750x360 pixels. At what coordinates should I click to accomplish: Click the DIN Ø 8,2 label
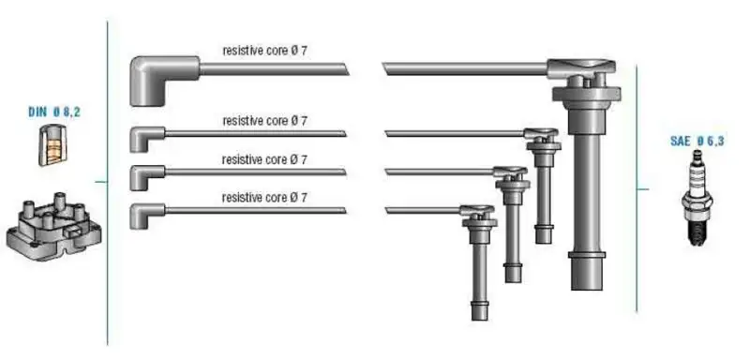54,112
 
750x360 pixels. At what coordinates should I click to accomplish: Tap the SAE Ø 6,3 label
697,141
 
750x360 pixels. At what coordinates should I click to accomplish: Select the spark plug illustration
697,198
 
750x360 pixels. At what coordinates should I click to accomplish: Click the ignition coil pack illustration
54,226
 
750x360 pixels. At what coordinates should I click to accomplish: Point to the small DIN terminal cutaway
52,145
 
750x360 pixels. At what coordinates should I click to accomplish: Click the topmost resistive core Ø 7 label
264,51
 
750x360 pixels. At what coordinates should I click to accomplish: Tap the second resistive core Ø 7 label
264,122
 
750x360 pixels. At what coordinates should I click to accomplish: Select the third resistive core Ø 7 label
264,159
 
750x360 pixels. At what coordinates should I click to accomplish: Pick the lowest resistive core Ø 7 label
264,197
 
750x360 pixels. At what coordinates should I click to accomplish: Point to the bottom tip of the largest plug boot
587,290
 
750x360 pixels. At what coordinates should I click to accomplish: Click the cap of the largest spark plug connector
581,69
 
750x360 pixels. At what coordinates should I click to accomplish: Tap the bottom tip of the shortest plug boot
544,243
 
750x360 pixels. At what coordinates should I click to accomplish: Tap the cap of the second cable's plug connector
541,134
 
